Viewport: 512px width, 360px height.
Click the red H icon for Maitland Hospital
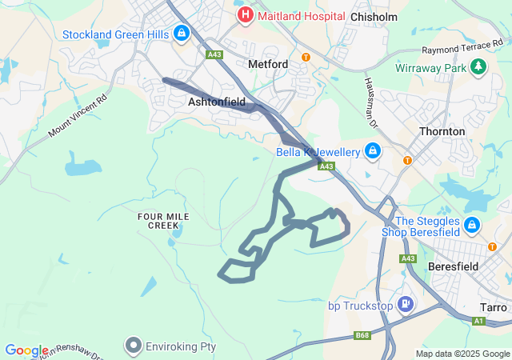pos(244,15)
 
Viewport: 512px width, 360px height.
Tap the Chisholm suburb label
pos(374,16)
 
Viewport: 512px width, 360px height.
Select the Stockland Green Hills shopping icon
pos(182,34)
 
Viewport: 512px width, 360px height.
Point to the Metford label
pos(267,63)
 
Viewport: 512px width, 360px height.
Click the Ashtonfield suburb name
pos(216,102)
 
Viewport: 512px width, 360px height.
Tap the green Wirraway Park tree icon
pos(478,66)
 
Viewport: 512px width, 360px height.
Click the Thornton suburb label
pos(442,131)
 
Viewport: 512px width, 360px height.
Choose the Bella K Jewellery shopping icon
pos(373,150)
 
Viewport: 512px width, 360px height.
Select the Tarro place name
pos(493,307)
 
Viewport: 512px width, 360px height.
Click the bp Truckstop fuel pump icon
pos(407,304)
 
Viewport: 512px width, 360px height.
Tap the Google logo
pos(26,350)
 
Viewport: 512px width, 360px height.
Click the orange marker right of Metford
pos(306,57)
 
